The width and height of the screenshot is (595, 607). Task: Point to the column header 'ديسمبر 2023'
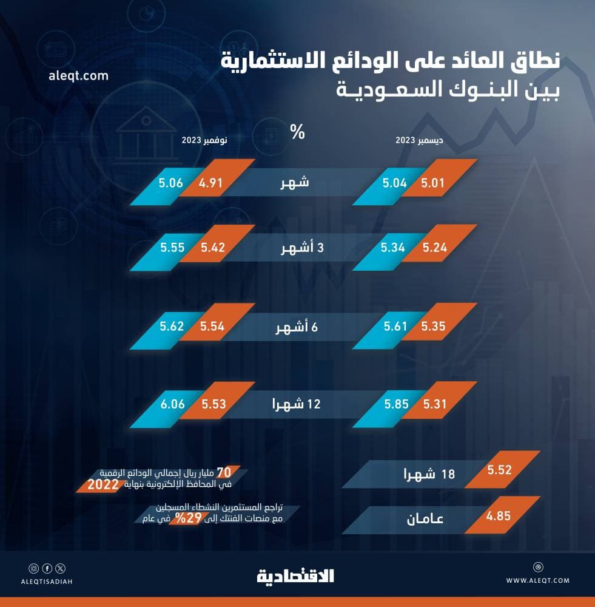pyautogui.click(x=419, y=140)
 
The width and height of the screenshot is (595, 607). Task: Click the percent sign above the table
pyautogui.click(x=297, y=132)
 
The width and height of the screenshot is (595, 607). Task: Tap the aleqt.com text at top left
pyautogui.click(x=77, y=76)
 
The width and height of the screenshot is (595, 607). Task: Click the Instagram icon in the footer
pyautogui.click(x=33, y=569)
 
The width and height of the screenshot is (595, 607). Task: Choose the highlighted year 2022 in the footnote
pyautogui.click(x=104, y=484)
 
